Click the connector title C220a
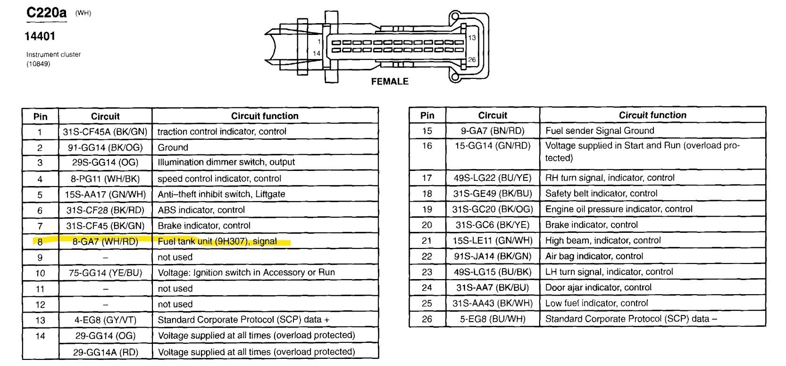47,13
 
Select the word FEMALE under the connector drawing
390,81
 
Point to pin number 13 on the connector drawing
472,38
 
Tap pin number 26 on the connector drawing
472,60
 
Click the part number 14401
40,36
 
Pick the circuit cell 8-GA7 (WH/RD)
105,241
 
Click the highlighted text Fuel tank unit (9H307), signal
217,241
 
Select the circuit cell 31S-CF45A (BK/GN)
105,132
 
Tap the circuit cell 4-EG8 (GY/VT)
105,320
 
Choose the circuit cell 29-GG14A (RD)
105,352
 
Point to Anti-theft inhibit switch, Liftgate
221,194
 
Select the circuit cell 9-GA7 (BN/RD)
493,131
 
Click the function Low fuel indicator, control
596,303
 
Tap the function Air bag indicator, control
594,256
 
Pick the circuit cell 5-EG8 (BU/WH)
493,319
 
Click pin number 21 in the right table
427,240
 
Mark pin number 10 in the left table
40,273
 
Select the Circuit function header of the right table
652,115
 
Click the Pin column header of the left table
40,116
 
